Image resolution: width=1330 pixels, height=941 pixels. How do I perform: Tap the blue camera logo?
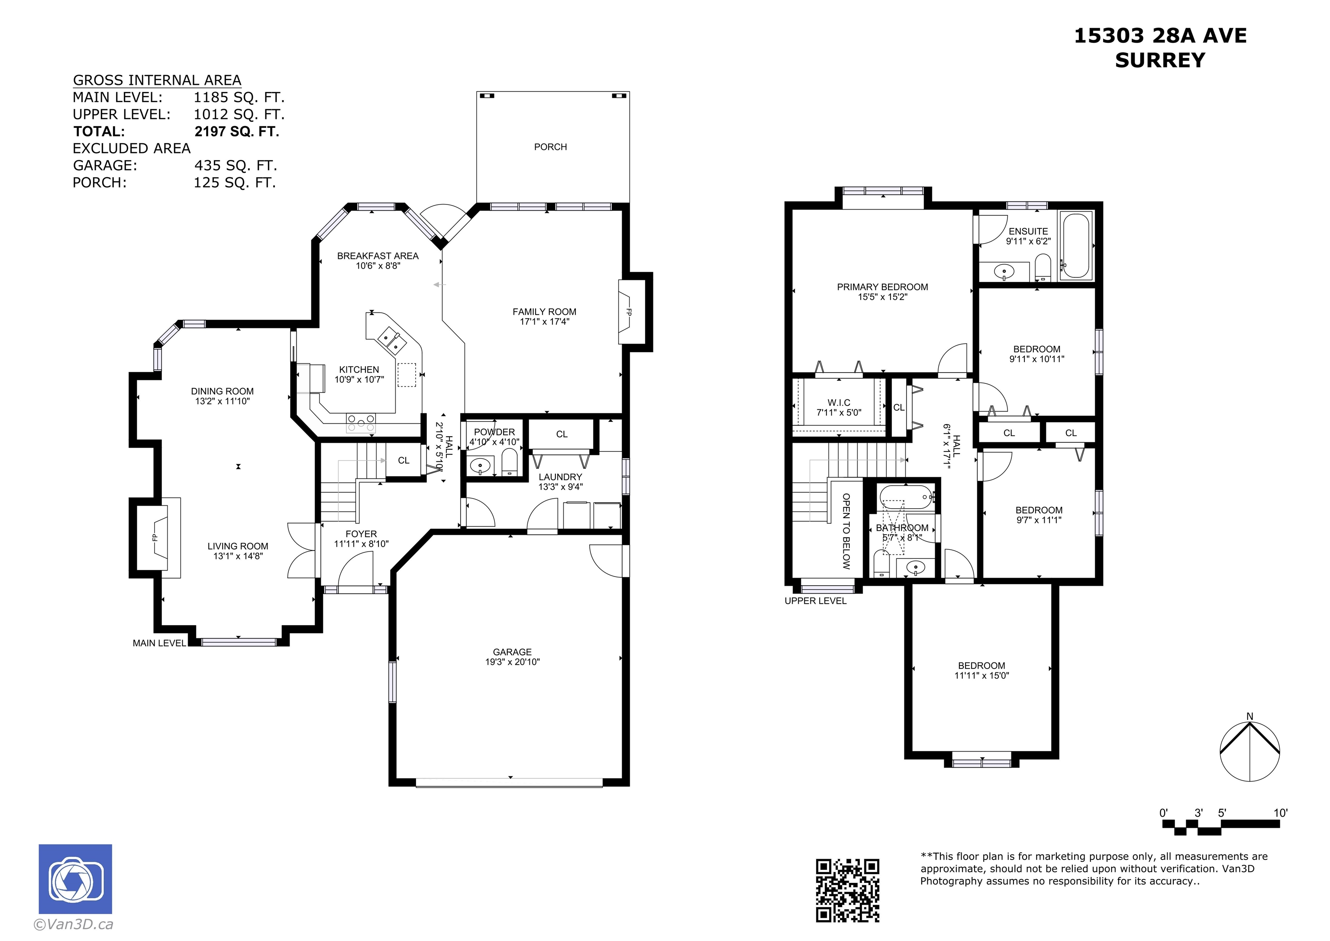(x=75, y=879)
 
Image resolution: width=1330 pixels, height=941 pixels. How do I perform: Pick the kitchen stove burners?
(x=361, y=424)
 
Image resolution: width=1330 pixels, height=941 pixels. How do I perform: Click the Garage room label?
(x=512, y=652)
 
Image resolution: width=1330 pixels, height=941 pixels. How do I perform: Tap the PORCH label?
(x=550, y=147)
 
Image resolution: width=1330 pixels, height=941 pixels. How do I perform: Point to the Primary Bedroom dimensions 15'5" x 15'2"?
(x=882, y=297)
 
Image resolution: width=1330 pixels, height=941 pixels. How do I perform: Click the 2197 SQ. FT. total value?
(x=237, y=132)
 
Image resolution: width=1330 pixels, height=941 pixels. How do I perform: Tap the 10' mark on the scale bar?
(x=1280, y=813)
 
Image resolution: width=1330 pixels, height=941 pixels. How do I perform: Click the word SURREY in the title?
(x=1160, y=60)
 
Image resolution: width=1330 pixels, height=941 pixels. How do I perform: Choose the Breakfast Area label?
(x=378, y=256)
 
